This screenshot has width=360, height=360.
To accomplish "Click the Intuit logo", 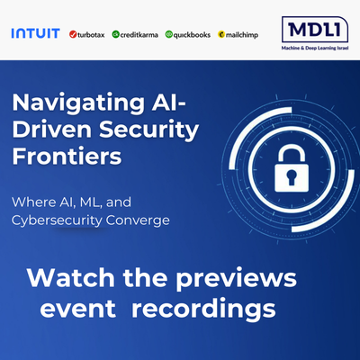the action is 36,33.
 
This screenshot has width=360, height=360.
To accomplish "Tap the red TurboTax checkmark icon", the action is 73,34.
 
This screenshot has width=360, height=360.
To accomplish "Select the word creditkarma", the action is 139,35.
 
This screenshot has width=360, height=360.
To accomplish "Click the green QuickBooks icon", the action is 169,34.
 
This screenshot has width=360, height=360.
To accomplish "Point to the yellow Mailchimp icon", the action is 221,34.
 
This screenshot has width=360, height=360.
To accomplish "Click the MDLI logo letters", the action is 315,30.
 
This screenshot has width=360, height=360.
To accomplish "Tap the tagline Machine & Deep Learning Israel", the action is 315,48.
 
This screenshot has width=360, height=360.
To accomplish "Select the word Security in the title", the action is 148,130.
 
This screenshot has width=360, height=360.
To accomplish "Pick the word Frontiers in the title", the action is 67,156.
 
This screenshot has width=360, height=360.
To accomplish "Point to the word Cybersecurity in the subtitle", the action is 57,220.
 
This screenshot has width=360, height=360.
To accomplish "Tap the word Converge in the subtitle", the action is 138,221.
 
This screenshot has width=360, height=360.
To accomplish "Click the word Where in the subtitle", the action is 33,202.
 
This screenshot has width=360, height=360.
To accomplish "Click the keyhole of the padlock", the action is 292,178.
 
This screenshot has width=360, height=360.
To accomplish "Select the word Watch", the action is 71,278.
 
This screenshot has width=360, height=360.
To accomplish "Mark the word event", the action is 78,310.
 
